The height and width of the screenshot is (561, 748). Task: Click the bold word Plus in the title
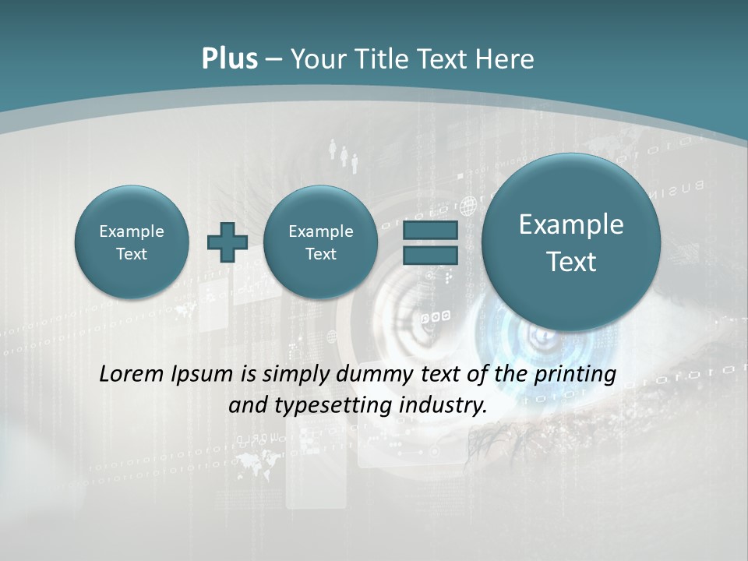click(x=229, y=59)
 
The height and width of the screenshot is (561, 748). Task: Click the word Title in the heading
click(x=386, y=59)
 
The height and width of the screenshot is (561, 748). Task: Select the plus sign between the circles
click(x=227, y=242)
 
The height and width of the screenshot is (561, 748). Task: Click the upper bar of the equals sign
click(x=430, y=231)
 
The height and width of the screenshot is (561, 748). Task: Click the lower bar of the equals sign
click(x=430, y=255)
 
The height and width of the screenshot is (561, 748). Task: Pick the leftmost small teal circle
click(x=132, y=242)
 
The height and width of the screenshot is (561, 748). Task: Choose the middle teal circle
click(x=320, y=242)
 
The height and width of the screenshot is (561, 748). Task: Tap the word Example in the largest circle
click(x=571, y=224)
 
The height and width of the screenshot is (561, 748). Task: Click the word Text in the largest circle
click(x=571, y=262)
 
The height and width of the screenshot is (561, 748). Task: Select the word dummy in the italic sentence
click(x=370, y=375)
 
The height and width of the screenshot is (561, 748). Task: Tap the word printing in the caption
click(x=575, y=375)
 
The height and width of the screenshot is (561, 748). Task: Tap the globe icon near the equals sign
click(x=468, y=206)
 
